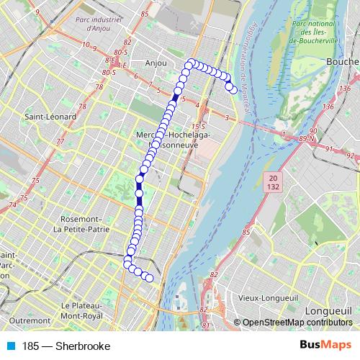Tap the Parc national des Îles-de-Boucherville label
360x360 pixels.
[x=314, y=32]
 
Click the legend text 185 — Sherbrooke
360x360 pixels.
[x=66, y=346]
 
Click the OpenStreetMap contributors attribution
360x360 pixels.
[x=297, y=323]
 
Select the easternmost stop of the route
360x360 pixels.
[x=233, y=89]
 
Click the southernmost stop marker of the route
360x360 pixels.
[x=150, y=278]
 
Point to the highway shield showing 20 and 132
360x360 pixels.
[x=272, y=181]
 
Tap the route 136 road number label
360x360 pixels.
[x=328, y=107]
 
